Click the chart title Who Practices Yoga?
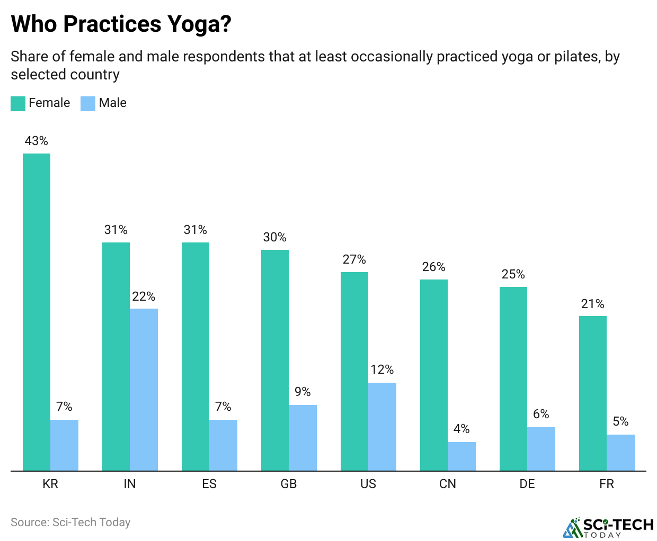121,24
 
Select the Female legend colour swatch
18,103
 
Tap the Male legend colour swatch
88,103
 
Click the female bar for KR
37,312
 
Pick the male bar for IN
144,390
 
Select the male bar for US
382,427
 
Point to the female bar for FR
593,393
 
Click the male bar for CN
461,456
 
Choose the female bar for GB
275,360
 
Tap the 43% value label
37,141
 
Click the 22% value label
144,296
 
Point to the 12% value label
382,369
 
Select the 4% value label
461,429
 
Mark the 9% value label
303,392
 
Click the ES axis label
209,484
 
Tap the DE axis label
527,484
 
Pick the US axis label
368,484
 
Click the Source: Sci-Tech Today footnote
70,522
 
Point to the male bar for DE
541,449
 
